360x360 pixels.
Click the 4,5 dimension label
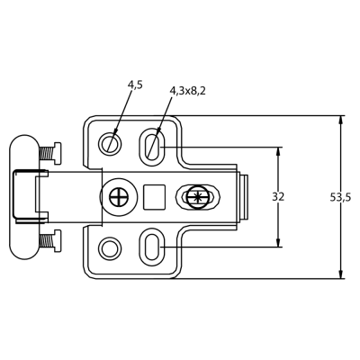[x=135, y=85]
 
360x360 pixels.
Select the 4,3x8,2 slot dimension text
[x=188, y=91]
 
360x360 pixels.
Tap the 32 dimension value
[x=278, y=197]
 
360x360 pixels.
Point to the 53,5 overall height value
[x=340, y=197]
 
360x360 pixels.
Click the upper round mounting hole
[x=110, y=143]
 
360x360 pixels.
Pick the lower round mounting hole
[x=110, y=248]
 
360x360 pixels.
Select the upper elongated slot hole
[x=152, y=147]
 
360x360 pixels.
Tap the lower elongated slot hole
[x=152, y=247]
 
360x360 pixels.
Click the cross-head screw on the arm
[x=119, y=197]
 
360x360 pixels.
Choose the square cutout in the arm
[x=154, y=197]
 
